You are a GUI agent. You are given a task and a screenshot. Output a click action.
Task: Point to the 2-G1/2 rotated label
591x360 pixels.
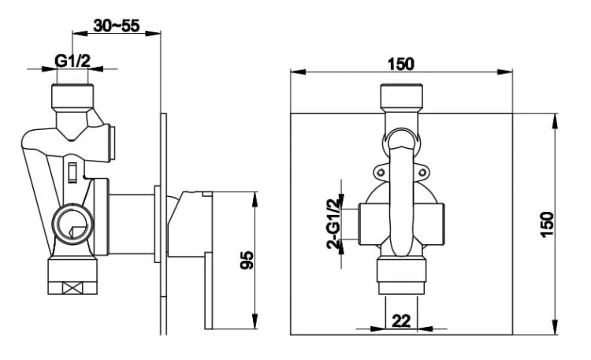(333, 225)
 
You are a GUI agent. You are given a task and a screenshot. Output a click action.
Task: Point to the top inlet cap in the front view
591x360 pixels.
(403, 98)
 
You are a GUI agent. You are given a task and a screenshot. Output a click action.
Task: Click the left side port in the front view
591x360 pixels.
(367, 223)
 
